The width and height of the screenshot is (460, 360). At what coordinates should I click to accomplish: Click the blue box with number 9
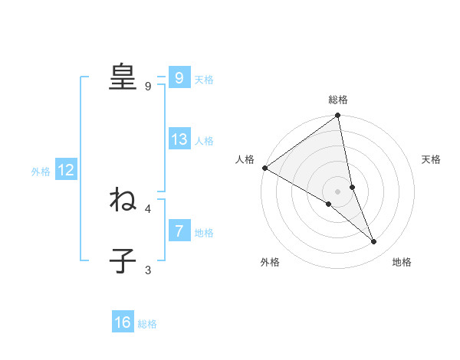(x=179, y=78)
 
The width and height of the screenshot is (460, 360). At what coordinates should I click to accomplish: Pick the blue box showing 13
(x=179, y=140)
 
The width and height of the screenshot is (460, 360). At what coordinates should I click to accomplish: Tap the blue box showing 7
(x=179, y=231)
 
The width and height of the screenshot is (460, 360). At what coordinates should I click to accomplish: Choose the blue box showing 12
(x=66, y=171)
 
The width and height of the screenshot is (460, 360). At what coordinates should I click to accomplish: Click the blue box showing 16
(x=123, y=322)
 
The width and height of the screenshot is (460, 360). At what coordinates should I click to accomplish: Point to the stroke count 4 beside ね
(x=148, y=208)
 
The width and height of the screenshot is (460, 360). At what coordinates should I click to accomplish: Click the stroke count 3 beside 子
(x=148, y=270)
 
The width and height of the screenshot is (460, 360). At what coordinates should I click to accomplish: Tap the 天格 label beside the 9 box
(x=204, y=79)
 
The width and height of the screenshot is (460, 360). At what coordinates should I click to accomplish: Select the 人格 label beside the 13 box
(x=204, y=141)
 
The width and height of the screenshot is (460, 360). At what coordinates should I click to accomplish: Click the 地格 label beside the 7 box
(x=204, y=232)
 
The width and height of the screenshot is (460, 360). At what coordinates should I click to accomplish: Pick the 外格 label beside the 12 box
(x=41, y=172)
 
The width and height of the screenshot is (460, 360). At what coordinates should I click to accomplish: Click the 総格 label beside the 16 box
(x=147, y=323)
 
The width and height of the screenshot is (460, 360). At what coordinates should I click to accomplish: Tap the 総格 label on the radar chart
(x=338, y=100)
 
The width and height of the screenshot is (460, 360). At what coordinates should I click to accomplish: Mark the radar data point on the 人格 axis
(x=264, y=168)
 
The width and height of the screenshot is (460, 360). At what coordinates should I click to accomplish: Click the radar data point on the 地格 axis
(x=374, y=242)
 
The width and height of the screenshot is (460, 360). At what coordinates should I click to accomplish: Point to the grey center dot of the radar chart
(x=337, y=191)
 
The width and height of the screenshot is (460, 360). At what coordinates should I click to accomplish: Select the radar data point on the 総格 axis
(x=338, y=116)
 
